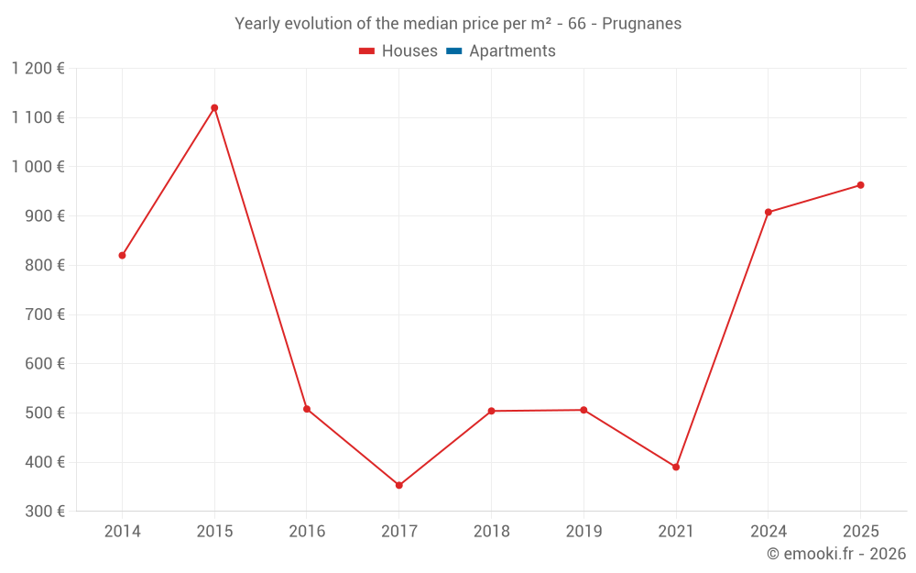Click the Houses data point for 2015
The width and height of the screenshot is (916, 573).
[x=214, y=108]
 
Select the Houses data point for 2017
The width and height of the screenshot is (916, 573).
[x=398, y=485]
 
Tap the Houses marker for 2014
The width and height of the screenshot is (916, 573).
[x=122, y=256]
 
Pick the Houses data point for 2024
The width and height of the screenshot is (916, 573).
[x=768, y=213]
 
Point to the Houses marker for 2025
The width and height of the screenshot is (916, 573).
[x=860, y=185]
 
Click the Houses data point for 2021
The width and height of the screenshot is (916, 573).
[x=676, y=467]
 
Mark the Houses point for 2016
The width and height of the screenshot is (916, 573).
[x=307, y=409]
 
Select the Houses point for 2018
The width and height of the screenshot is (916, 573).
[x=491, y=411]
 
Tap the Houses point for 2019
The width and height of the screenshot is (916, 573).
[x=583, y=410]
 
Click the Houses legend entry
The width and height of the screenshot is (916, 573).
[x=398, y=51]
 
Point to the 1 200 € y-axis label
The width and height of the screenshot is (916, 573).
[x=38, y=68]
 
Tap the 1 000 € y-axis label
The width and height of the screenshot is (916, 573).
[x=38, y=167]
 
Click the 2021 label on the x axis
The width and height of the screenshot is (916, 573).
[x=676, y=532]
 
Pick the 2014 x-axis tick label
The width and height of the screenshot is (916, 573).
[x=122, y=532]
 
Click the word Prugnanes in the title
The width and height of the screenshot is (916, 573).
[x=641, y=24]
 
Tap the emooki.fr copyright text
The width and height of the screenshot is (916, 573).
[x=836, y=554]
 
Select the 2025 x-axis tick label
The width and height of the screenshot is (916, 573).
[x=860, y=532]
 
